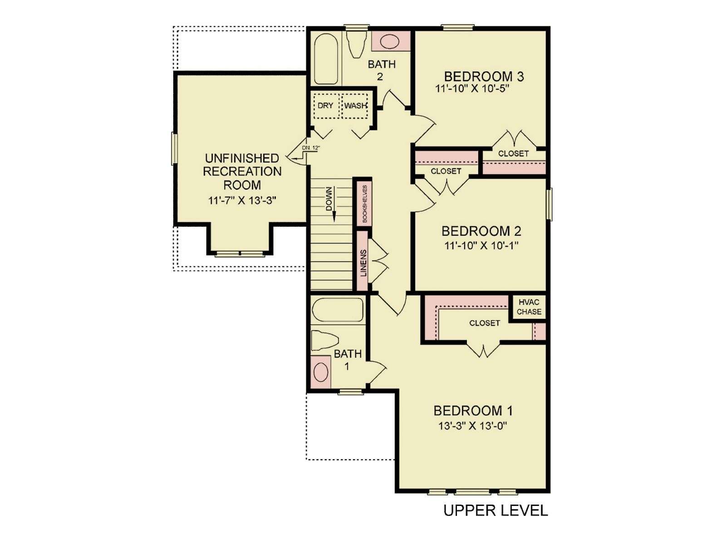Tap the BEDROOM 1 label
[x=473, y=411]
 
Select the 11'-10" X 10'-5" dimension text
[x=471, y=89]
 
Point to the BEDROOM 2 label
[x=481, y=231]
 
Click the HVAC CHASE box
[x=529, y=307]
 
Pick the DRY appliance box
[x=326, y=106]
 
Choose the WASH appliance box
[x=354, y=106]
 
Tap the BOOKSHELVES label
[x=364, y=203]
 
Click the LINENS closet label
[x=363, y=263]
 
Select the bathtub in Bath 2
[x=326, y=59]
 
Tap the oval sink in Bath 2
[x=391, y=41]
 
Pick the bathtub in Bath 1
[x=338, y=310]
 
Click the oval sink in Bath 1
[x=320, y=372]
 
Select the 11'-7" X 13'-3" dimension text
[x=242, y=201]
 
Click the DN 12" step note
[x=311, y=148]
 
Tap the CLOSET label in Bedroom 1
[x=485, y=322]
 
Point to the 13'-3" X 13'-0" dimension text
[x=473, y=426]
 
